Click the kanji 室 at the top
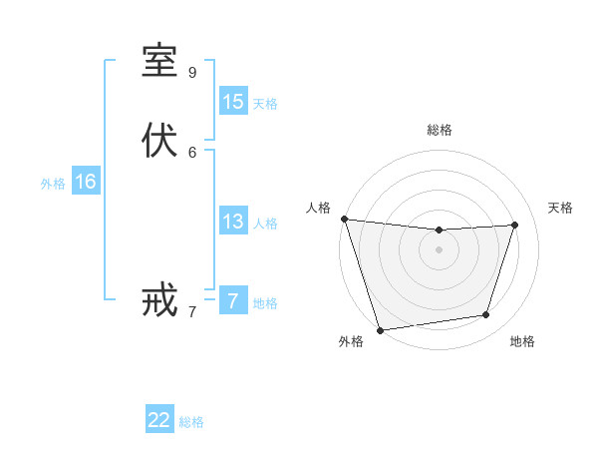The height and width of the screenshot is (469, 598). pyautogui.click(x=159, y=61)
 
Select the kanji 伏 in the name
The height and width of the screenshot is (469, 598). pyautogui.click(x=159, y=141)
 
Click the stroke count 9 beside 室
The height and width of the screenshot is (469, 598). pyautogui.click(x=192, y=72)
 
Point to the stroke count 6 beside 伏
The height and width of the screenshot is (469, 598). pyautogui.click(x=192, y=152)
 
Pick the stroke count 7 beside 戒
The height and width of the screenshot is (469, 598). pyautogui.click(x=192, y=311)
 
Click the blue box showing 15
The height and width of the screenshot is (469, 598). pyautogui.click(x=233, y=102)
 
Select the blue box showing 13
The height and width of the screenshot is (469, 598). pyautogui.click(x=233, y=222)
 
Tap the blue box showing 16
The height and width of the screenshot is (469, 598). pyautogui.click(x=86, y=182)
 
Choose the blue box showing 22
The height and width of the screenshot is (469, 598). pyautogui.click(x=159, y=420)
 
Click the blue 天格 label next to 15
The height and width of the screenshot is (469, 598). pyautogui.click(x=265, y=104)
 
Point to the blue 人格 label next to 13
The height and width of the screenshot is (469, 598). pyautogui.click(x=265, y=224)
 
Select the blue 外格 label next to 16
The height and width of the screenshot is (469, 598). pyautogui.click(x=53, y=184)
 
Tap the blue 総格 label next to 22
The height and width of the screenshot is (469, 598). pyautogui.click(x=191, y=422)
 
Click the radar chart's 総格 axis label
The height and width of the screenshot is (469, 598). pyautogui.click(x=439, y=130)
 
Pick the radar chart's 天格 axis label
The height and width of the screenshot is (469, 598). pyautogui.click(x=561, y=208)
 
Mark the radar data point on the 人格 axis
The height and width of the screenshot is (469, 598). pyautogui.click(x=344, y=219)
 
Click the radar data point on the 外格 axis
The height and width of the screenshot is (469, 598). pyautogui.click(x=380, y=329)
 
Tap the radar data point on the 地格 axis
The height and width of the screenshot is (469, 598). pyautogui.click(x=486, y=315)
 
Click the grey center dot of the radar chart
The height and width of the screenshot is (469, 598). pyautogui.click(x=439, y=249)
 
